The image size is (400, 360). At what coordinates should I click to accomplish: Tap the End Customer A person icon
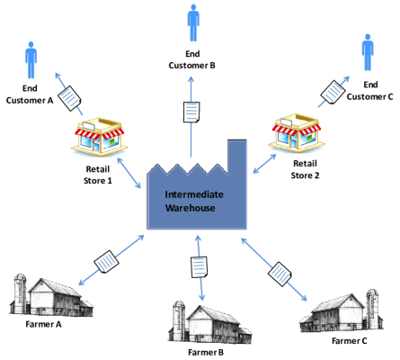tap(32, 61)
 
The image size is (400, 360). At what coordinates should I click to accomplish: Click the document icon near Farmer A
tap(105, 261)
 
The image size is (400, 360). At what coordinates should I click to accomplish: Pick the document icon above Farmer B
tap(199, 266)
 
